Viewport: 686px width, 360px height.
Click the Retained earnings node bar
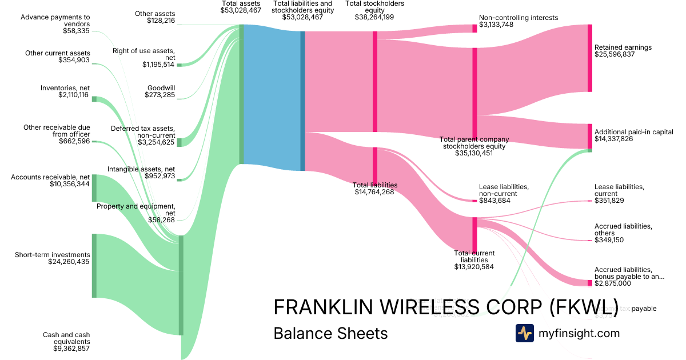pyautogui.click(x=589, y=58)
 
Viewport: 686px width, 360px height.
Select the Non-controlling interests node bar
pyautogui.click(x=474, y=29)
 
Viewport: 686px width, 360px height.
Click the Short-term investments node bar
pyautogui.click(x=94, y=265)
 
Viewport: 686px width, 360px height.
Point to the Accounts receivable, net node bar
pyautogui.click(x=94, y=188)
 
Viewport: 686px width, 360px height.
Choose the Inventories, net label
pyautogui.click(x=65, y=87)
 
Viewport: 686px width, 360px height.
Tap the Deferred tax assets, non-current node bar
pyautogui.click(x=179, y=142)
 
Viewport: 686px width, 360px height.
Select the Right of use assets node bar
pyautogui.click(x=179, y=65)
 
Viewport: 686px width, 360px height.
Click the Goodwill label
pyautogui.click(x=161, y=88)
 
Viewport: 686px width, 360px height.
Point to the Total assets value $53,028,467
pyautogui.click(x=241, y=10)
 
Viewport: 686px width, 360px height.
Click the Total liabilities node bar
pyautogui.click(x=375, y=165)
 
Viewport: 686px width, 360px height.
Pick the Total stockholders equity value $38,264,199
pyautogui.click(x=374, y=17)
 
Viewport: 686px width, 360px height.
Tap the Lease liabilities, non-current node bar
pyautogui.click(x=474, y=201)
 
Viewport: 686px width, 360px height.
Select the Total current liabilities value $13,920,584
pyautogui.click(x=474, y=266)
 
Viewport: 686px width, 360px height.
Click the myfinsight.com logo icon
pyautogui.click(x=524, y=333)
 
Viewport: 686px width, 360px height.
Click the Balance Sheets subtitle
pyautogui.click(x=330, y=333)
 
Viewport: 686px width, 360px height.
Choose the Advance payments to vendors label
pyautogui.click(x=55, y=17)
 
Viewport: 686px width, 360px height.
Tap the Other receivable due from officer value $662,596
pyautogui.click(x=74, y=141)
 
